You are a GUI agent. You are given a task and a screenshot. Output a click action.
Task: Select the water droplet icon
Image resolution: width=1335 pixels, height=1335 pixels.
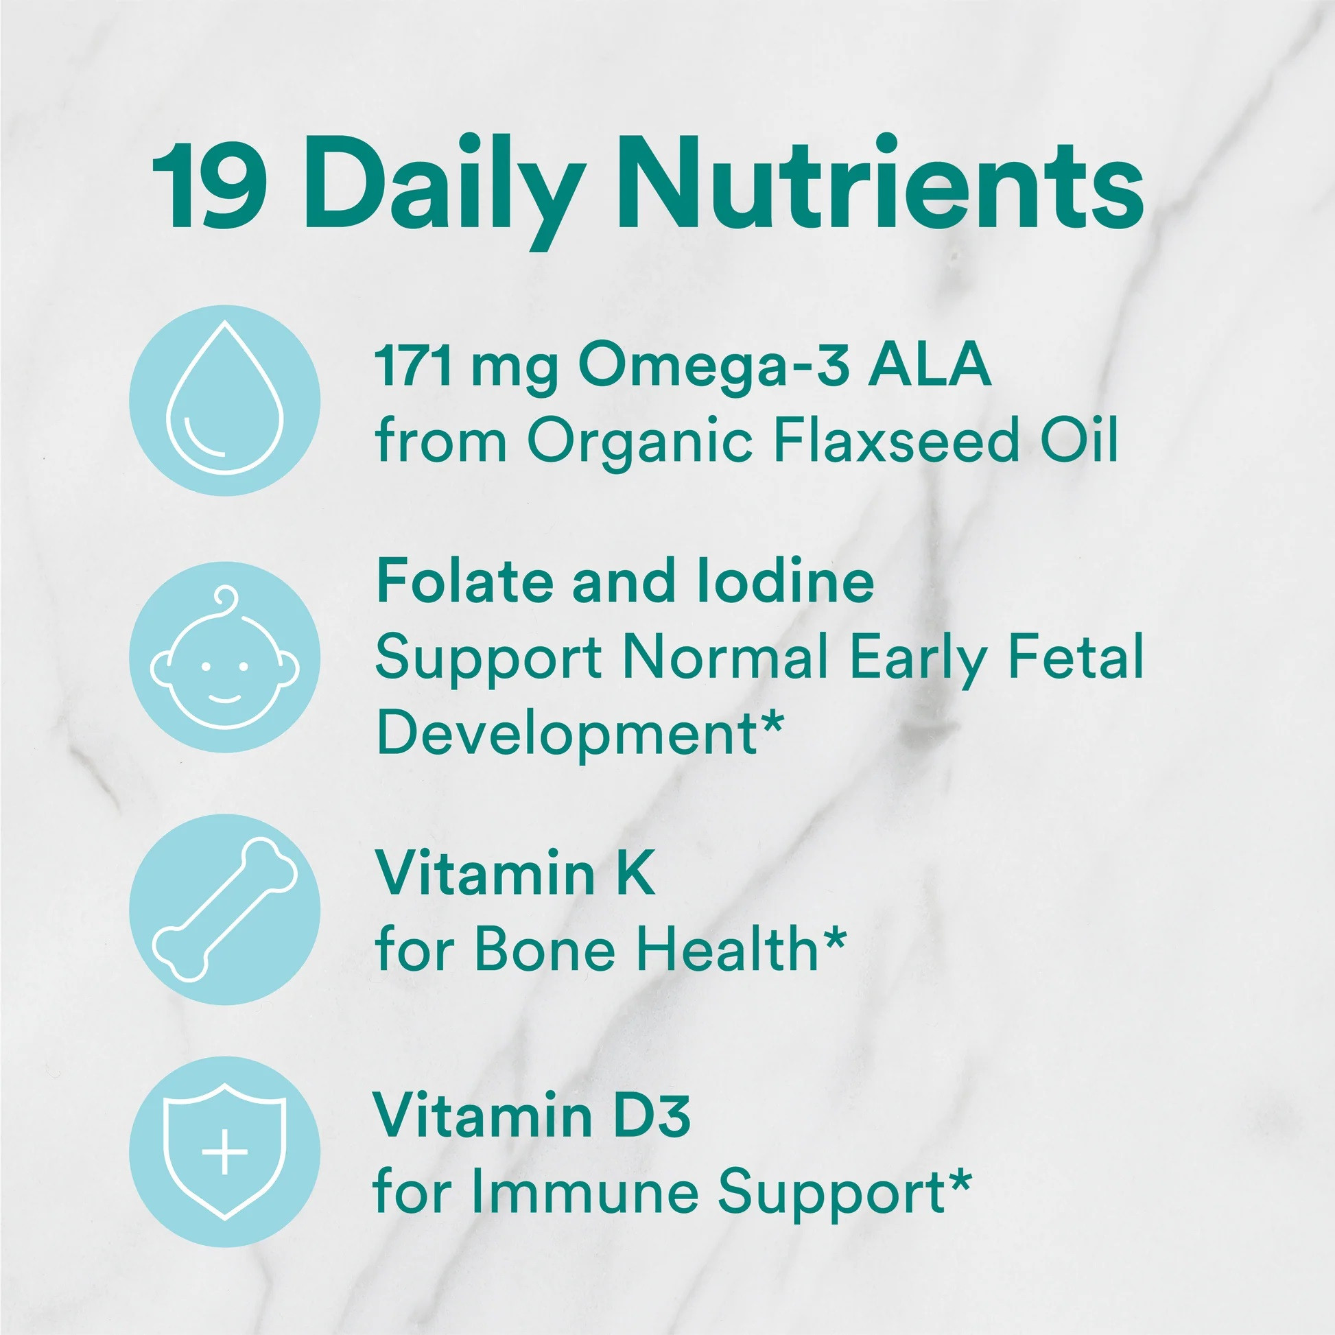click(x=224, y=400)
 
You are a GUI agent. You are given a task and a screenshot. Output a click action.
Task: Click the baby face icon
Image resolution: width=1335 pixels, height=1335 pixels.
click(x=224, y=656)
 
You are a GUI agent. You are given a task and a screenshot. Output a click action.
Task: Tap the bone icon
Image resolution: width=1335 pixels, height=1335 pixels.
click(x=224, y=910)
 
